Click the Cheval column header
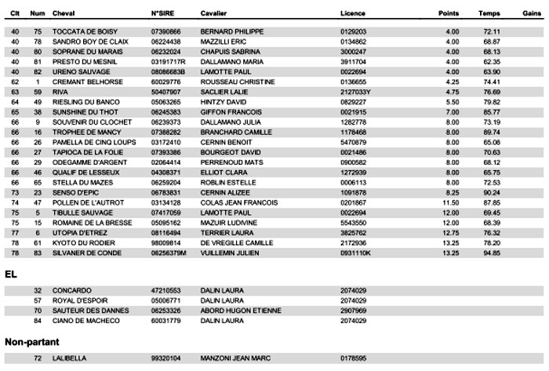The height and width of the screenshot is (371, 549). tap(64, 14)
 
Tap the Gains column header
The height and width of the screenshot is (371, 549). tap(531, 14)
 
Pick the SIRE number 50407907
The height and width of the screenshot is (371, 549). tap(165, 92)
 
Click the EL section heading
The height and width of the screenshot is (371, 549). tap(10, 275)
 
